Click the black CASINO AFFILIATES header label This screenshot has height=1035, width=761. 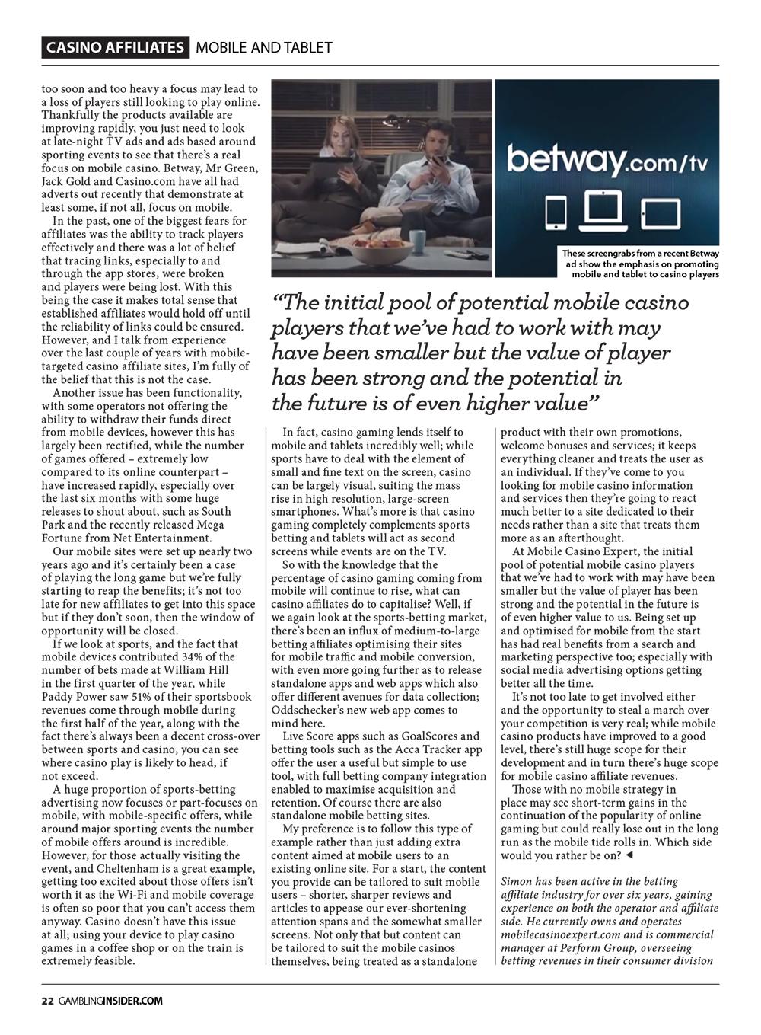coord(115,47)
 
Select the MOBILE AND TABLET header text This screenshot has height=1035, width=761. coord(263,47)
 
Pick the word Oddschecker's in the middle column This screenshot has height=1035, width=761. coord(310,710)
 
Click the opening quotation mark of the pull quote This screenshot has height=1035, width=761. coord(279,302)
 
